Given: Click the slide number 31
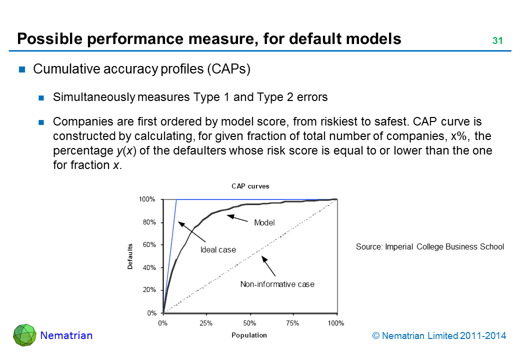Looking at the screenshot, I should coord(497,41).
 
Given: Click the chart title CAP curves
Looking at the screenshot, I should coord(250,186).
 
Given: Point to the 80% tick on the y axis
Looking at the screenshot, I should coord(150,222).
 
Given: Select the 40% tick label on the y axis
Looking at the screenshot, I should coord(150,267).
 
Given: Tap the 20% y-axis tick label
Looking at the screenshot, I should coord(150,290).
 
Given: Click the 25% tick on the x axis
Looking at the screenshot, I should coord(206,323).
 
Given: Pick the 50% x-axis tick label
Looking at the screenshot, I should coord(249,323).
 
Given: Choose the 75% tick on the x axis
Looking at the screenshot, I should coord(293,323).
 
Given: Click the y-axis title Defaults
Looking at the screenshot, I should coord(130,256).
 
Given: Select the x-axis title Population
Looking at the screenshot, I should coord(249,335).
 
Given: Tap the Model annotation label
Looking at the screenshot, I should coord(264,223).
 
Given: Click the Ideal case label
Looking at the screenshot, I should coord(218,249).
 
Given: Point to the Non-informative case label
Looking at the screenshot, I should coord(277,284).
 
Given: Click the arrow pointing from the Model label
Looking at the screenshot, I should coord(238,218).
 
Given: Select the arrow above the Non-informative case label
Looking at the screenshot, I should coord(269,266).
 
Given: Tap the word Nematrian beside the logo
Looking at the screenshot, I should coord(66,335).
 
